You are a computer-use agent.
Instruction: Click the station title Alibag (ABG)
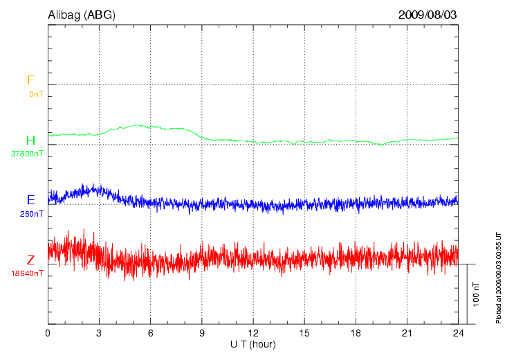click(82, 15)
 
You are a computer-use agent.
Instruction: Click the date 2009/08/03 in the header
click(428, 15)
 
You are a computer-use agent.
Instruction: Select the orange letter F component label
click(30, 80)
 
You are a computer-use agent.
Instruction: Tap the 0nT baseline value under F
click(36, 93)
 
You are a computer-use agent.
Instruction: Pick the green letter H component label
click(30, 141)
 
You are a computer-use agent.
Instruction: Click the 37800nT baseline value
click(27, 154)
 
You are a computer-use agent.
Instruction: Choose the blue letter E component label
click(30, 200)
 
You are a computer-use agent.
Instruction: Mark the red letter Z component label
click(30, 260)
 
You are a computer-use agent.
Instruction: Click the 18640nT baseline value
click(27, 273)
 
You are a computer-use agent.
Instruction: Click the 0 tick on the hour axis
click(48, 333)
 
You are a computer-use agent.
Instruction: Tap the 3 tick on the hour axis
click(99, 333)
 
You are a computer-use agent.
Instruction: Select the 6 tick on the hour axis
click(150, 333)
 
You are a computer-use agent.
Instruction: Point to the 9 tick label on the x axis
click(202, 333)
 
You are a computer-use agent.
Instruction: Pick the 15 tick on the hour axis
click(304, 333)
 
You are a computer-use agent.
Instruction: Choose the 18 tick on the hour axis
click(356, 333)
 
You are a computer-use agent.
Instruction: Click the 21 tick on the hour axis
click(407, 333)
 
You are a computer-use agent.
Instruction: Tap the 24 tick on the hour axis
click(458, 333)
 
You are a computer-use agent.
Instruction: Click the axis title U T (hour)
click(253, 344)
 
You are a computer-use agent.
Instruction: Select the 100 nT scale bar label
click(477, 294)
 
